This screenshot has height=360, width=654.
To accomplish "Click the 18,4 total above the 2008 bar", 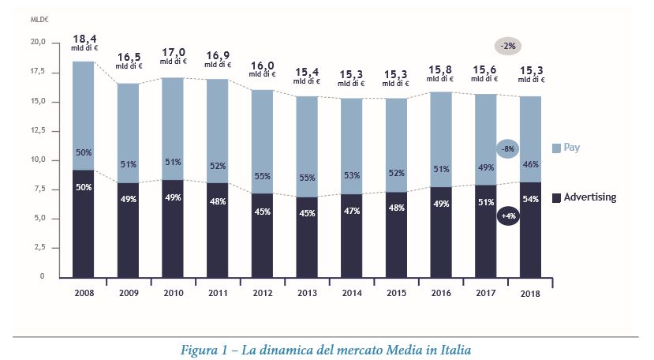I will click(x=84, y=38).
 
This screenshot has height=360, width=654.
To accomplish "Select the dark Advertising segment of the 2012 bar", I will click(x=262, y=234).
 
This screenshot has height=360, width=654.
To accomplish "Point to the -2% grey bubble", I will click(x=507, y=46).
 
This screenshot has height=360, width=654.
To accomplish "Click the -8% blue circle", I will click(x=508, y=149).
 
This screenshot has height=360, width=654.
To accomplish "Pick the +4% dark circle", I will click(x=508, y=216).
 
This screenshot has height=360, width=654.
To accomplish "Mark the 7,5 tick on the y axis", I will click(x=38, y=189).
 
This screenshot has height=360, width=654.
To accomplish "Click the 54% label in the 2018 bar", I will click(x=531, y=199).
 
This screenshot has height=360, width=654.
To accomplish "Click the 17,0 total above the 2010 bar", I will click(x=173, y=56).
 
